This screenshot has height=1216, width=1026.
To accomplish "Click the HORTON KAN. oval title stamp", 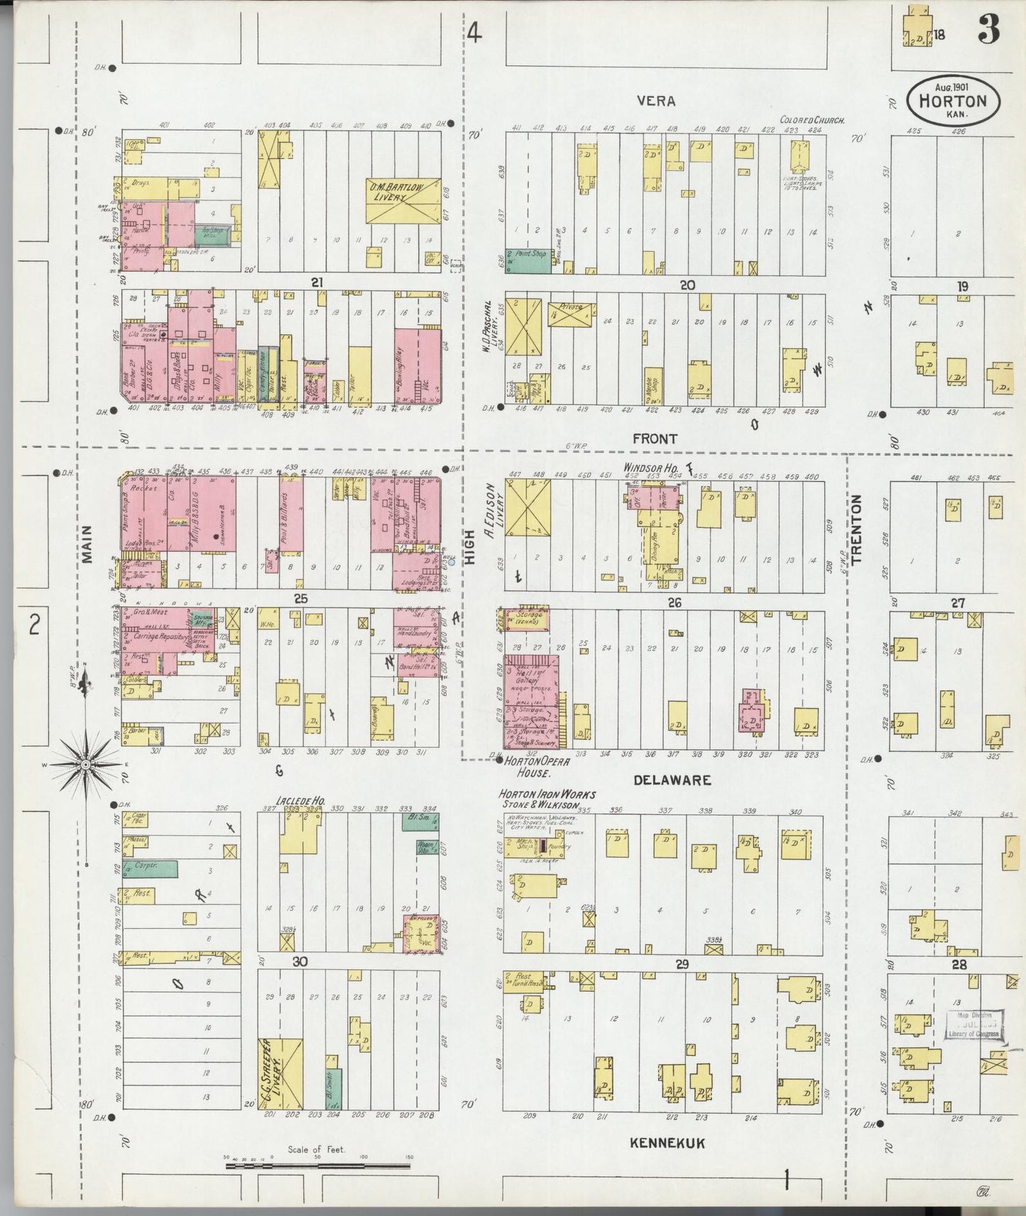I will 952,100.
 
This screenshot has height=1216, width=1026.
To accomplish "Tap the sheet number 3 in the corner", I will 988,30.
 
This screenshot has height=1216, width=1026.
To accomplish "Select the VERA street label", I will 655,101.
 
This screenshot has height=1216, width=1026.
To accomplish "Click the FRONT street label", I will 655,439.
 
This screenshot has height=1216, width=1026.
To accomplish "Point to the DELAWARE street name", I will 672,780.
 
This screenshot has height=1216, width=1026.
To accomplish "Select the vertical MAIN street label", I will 87,543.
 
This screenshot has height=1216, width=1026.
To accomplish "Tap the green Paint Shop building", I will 528,260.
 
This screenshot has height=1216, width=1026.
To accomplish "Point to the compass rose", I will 85,765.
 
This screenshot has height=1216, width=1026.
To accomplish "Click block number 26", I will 674,603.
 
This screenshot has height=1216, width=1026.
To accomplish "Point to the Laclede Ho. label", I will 300,800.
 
